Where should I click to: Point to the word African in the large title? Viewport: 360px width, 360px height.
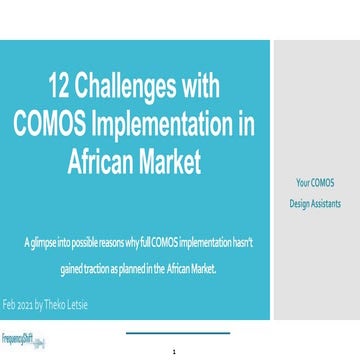pyautogui.click(x=102, y=157)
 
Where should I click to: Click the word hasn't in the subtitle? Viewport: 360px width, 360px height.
pyautogui.click(x=241, y=245)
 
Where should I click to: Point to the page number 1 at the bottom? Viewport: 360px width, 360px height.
pyautogui.click(x=174, y=351)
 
